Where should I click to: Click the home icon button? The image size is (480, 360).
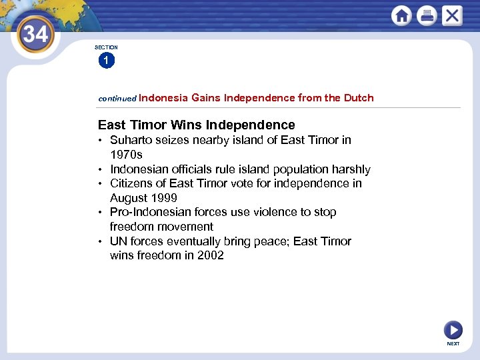tap(401, 15)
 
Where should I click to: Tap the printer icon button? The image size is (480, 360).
tap(427, 15)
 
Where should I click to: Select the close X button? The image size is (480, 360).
tap(452, 15)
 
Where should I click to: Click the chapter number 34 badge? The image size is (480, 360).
tap(35, 34)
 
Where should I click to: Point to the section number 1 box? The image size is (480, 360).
tap(106, 61)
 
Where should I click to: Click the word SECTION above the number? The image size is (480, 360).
tap(106, 47)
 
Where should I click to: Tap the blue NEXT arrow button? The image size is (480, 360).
tap(453, 329)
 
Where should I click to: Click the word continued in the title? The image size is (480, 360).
tap(117, 98)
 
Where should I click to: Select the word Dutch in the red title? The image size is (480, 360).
tap(359, 98)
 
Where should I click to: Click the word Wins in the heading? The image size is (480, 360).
tap(187, 125)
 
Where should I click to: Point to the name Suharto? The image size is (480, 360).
tap(130, 140)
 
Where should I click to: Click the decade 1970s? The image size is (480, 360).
tap(127, 155)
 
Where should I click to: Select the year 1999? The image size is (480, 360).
tap(163, 198)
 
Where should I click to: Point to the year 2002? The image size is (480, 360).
tap(210, 255)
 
